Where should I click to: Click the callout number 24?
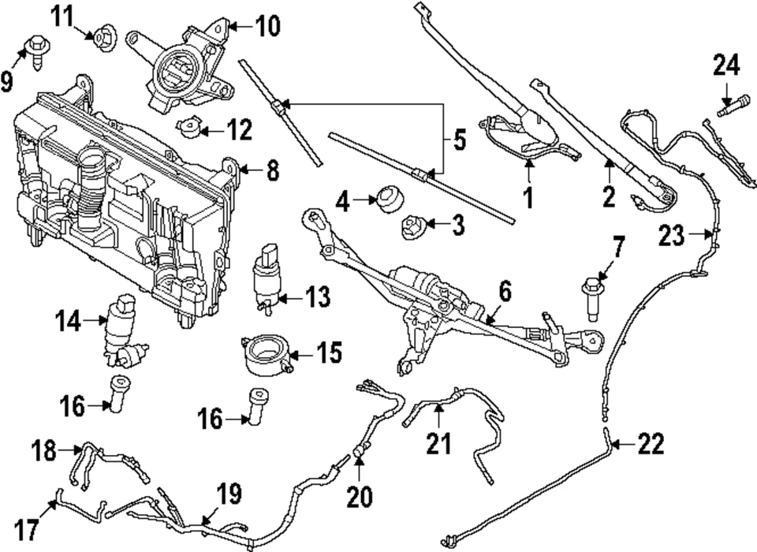click(x=727, y=65)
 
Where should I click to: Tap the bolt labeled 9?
click(x=37, y=49)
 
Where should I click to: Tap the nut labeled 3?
click(x=414, y=226)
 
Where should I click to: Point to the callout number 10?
click(x=267, y=28)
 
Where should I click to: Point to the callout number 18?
click(x=43, y=452)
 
